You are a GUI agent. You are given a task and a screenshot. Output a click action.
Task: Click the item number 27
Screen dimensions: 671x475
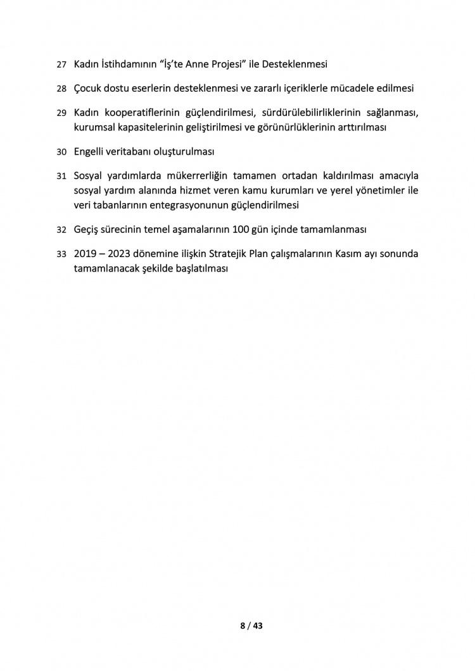point(61,65)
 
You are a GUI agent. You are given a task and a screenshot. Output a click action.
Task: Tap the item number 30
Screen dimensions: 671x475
point(61,152)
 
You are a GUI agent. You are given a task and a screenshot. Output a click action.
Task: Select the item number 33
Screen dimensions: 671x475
point(61,254)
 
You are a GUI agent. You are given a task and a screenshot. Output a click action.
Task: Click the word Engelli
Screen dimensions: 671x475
point(91,152)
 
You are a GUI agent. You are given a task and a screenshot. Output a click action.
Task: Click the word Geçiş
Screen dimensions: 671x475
point(87,229)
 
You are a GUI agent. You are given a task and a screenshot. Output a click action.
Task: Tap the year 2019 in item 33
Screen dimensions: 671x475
point(86,254)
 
